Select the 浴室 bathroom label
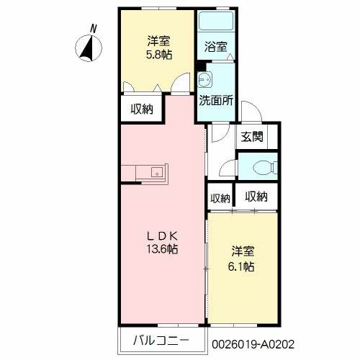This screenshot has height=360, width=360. [216, 47]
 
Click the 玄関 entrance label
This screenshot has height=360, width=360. [251, 137]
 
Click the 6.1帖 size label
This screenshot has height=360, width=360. [243, 266]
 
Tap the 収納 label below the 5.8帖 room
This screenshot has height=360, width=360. [142, 109]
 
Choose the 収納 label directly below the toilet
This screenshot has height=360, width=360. [256, 196]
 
